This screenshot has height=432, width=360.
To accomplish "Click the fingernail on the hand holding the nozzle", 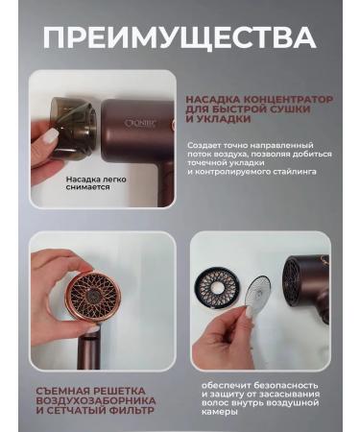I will click(x=50, y=137).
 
